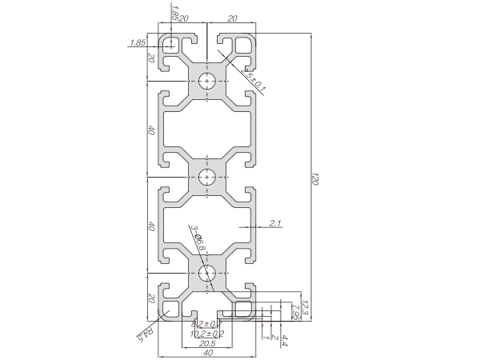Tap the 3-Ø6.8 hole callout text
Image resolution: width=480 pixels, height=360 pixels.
tap(197, 239)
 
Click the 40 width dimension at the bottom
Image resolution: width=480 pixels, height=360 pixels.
tap(208, 353)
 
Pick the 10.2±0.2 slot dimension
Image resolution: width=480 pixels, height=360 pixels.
tap(208, 333)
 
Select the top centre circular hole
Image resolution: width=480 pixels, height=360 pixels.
tap(208, 80)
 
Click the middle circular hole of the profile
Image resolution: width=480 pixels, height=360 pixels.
tap(208, 177)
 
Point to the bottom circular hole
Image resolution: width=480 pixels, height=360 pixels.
tap(208, 274)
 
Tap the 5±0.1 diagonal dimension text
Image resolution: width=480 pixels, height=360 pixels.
tap(257, 77)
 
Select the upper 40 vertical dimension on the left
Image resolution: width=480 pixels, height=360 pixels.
tap(150, 130)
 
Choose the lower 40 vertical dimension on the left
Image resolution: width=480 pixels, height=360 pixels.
tap(150, 226)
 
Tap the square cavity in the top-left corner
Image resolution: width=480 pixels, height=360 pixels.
tap(170, 45)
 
